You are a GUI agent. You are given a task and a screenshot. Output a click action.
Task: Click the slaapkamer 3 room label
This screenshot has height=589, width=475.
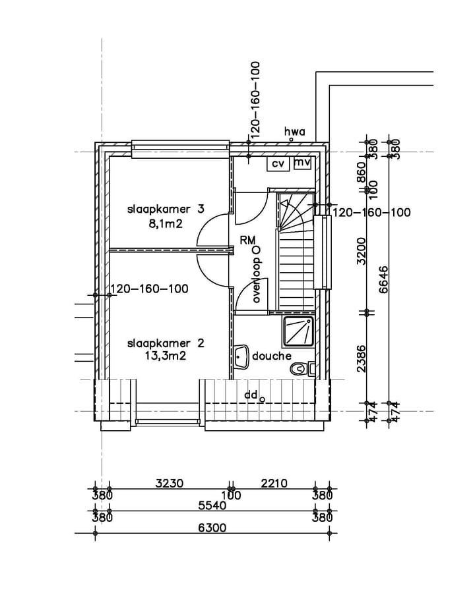pyautogui.click(x=166, y=210)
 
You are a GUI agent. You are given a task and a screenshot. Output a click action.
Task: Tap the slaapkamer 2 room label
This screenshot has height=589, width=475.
pyautogui.click(x=166, y=343)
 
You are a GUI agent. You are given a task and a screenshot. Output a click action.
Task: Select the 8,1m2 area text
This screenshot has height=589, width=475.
pyautogui.click(x=166, y=224)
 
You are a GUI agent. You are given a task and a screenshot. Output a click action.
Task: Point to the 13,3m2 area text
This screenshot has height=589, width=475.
pyautogui.click(x=166, y=355)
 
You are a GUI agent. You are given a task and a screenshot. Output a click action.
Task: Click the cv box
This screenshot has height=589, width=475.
pyautogui.click(x=278, y=164)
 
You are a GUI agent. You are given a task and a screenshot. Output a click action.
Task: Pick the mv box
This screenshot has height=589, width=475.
pyautogui.click(x=302, y=163)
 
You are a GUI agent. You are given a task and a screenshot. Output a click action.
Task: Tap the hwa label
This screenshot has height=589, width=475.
pyautogui.click(x=294, y=132)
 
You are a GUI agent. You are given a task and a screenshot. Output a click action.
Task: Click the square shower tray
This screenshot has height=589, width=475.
pyautogui.click(x=298, y=331)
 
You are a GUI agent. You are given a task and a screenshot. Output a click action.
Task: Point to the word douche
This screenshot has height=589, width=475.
pyautogui.click(x=272, y=356)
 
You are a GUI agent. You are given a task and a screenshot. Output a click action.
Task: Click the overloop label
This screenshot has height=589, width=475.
pyautogui.click(x=257, y=280)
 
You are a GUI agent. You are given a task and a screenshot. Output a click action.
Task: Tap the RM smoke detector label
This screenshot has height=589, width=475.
pyautogui.click(x=248, y=240)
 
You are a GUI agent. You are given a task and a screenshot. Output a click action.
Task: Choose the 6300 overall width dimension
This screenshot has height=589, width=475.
pyautogui.click(x=212, y=528)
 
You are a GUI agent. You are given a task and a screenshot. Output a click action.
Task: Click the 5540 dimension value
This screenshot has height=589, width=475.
pyautogui.click(x=212, y=505)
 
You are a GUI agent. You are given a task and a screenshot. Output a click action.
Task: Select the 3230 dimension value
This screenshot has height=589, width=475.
pyautogui.click(x=170, y=483)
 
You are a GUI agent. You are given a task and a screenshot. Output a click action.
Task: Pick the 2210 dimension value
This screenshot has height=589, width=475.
pyautogui.click(x=274, y=483)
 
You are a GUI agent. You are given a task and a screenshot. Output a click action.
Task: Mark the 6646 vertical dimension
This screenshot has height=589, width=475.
pyautogui.click(x=383, y=279)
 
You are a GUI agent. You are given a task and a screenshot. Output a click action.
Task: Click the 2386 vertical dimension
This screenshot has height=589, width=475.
pyautogui.click(x=361, y=358)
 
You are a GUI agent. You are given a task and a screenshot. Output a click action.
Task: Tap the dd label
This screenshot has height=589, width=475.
pyautogui.click(x=251, y=395)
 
